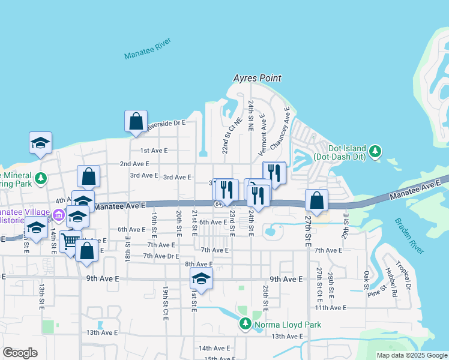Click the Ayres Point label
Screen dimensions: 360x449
click(x=257, y=79)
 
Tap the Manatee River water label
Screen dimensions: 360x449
click(x=148, y=49)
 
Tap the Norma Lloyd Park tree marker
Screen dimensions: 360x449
click(x=245, y=325)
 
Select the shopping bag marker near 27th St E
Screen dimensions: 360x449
click(x=316, y=200)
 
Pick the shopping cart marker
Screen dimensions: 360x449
click(x=70, y=241)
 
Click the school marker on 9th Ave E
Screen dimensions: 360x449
click(x=201, y=278)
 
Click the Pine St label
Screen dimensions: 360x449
click(x=375, y=293)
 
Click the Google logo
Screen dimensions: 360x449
click(x=20, y=353)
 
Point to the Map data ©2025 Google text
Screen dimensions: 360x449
click(x=412, y=355)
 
